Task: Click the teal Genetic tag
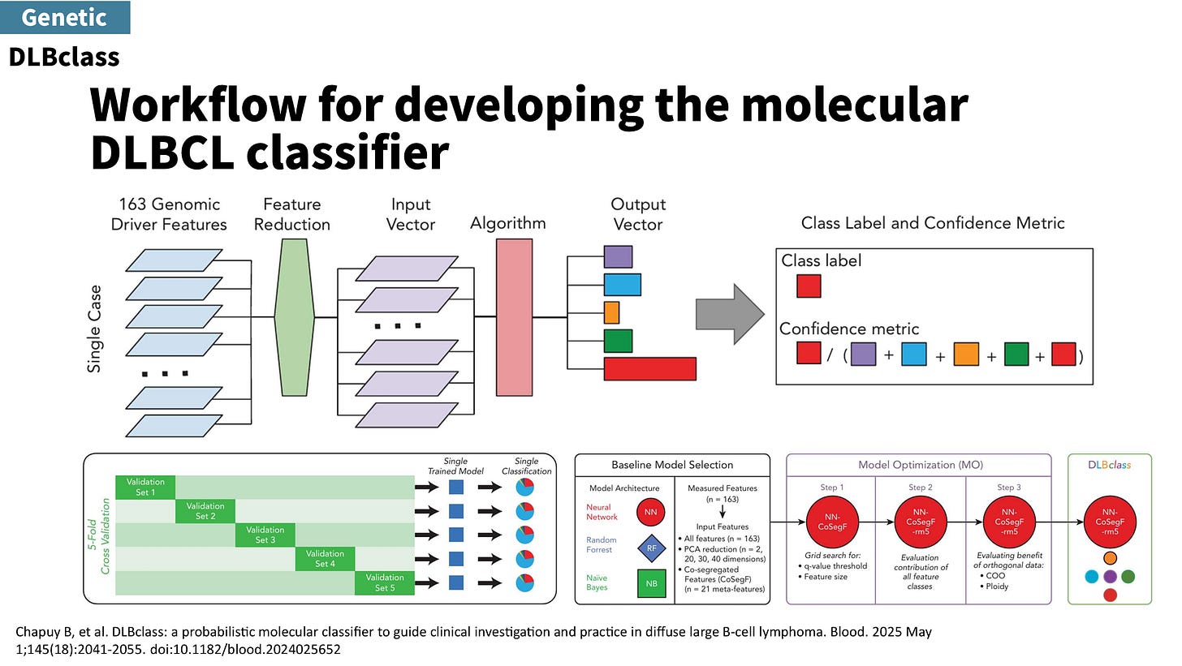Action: pos(65,17)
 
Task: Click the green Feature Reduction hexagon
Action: pos(294,316)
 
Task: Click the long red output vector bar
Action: pos(649,368)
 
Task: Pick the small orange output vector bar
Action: pos(611,312)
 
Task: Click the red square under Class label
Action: pos(809,286)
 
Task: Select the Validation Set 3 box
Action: pos(265,535)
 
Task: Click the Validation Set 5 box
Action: pos(384,582)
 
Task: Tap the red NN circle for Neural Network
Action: pos(651,512)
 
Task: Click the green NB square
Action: pos(651,582)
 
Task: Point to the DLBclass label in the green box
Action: pos(1111,465)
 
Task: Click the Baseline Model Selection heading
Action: pos(672,465)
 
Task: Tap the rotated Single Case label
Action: pos(95,329)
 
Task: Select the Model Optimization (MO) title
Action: pos(921,465)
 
